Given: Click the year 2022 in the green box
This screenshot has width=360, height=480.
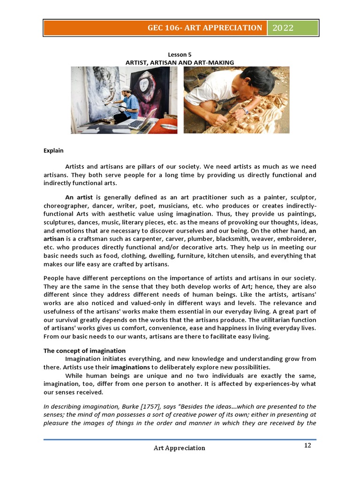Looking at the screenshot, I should point(280,28).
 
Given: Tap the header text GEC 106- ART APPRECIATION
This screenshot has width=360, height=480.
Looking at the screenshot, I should point(204,28).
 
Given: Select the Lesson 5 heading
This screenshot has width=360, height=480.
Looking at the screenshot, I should point(180,54).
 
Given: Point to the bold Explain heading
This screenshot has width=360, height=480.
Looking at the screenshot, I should point(53,151).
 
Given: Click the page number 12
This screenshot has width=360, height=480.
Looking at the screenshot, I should point(307,445).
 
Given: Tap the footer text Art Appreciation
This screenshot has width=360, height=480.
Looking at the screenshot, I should point(180,448).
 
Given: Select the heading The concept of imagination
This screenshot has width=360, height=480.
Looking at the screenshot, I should point(84,351).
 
